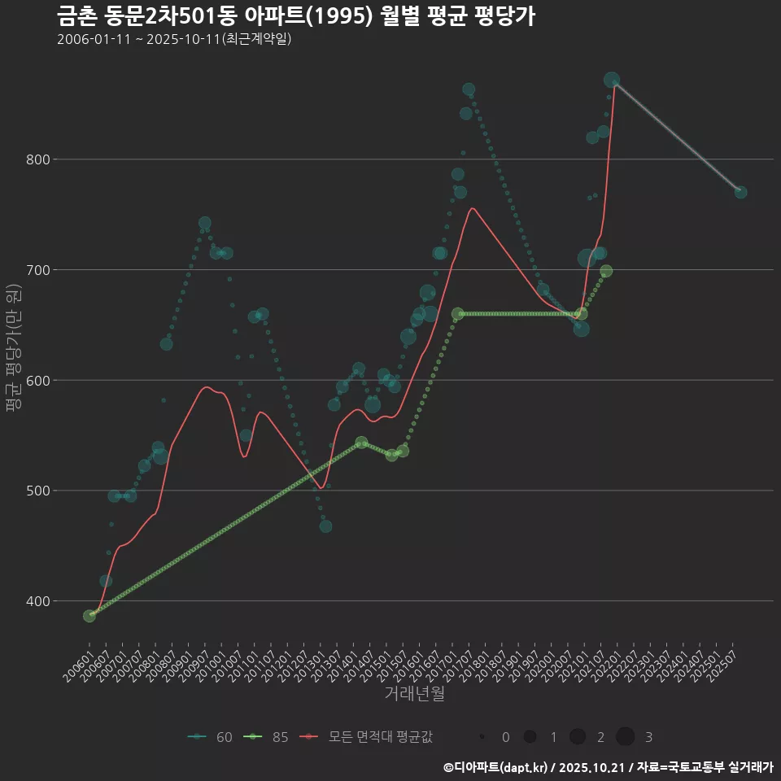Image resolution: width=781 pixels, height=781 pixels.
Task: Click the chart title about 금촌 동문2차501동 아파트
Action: click(x=296, y=16)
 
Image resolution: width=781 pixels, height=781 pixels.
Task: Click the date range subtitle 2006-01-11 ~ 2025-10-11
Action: click(x=174, y=39)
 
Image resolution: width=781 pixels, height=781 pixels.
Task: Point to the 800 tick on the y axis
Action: click(x=36, y=159)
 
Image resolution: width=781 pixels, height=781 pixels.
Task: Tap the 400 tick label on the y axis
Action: click(x=36, y=601)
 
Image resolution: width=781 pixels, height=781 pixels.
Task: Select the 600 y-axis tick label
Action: click(x=36, y=380)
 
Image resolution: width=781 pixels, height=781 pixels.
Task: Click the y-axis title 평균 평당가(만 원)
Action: click(x=14, y=353)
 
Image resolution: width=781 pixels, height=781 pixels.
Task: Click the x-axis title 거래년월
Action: click(x=414, y=694)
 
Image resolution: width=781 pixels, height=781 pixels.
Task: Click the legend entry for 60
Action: click(x=211, y=737)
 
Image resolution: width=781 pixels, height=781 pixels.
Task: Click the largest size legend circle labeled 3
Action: click(x=625, y=737)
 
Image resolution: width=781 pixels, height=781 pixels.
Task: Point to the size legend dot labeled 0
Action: click(x=482, y=737)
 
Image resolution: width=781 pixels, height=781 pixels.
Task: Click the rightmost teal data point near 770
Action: click(x=740, y=192)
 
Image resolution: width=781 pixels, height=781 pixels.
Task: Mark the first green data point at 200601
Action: click(x=89, y=616)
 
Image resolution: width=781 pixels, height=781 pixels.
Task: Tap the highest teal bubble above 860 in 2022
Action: click(x=612, y=80)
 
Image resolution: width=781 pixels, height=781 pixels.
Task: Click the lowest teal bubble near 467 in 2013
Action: click(x=325, y=526)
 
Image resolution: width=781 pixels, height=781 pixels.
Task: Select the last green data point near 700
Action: click(x=606, y=272)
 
